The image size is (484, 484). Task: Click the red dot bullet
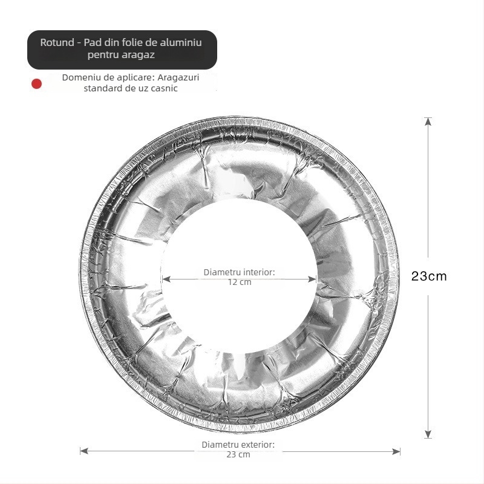(36, 83)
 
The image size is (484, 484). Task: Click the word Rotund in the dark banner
(57, 42)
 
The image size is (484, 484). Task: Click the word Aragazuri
(178, 77)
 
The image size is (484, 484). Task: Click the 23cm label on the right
(429, 276)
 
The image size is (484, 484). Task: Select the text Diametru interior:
(239, 272)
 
